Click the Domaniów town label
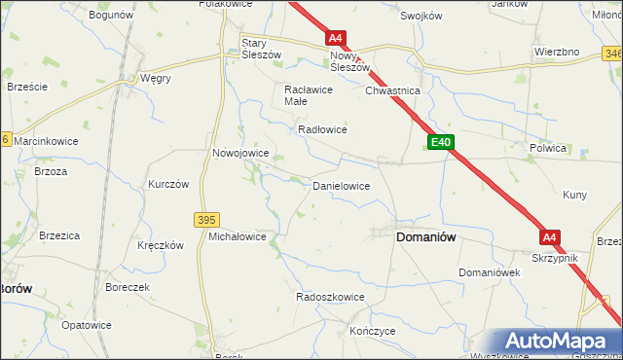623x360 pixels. tap(426, 236)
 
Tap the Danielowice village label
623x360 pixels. tap(340, 185)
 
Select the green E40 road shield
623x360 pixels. tap(441, 143)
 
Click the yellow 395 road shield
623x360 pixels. tap(206, 221)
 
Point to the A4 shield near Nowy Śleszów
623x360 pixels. tap(335, 39)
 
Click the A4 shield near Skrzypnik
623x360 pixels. tap(550, 237)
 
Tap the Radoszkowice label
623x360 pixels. tap(330, 297)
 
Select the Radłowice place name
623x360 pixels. tap(322, 129)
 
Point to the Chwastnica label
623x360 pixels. tap(391, 90)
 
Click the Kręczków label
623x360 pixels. tap(161, 246)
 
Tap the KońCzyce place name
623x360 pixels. tap(370, 332)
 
